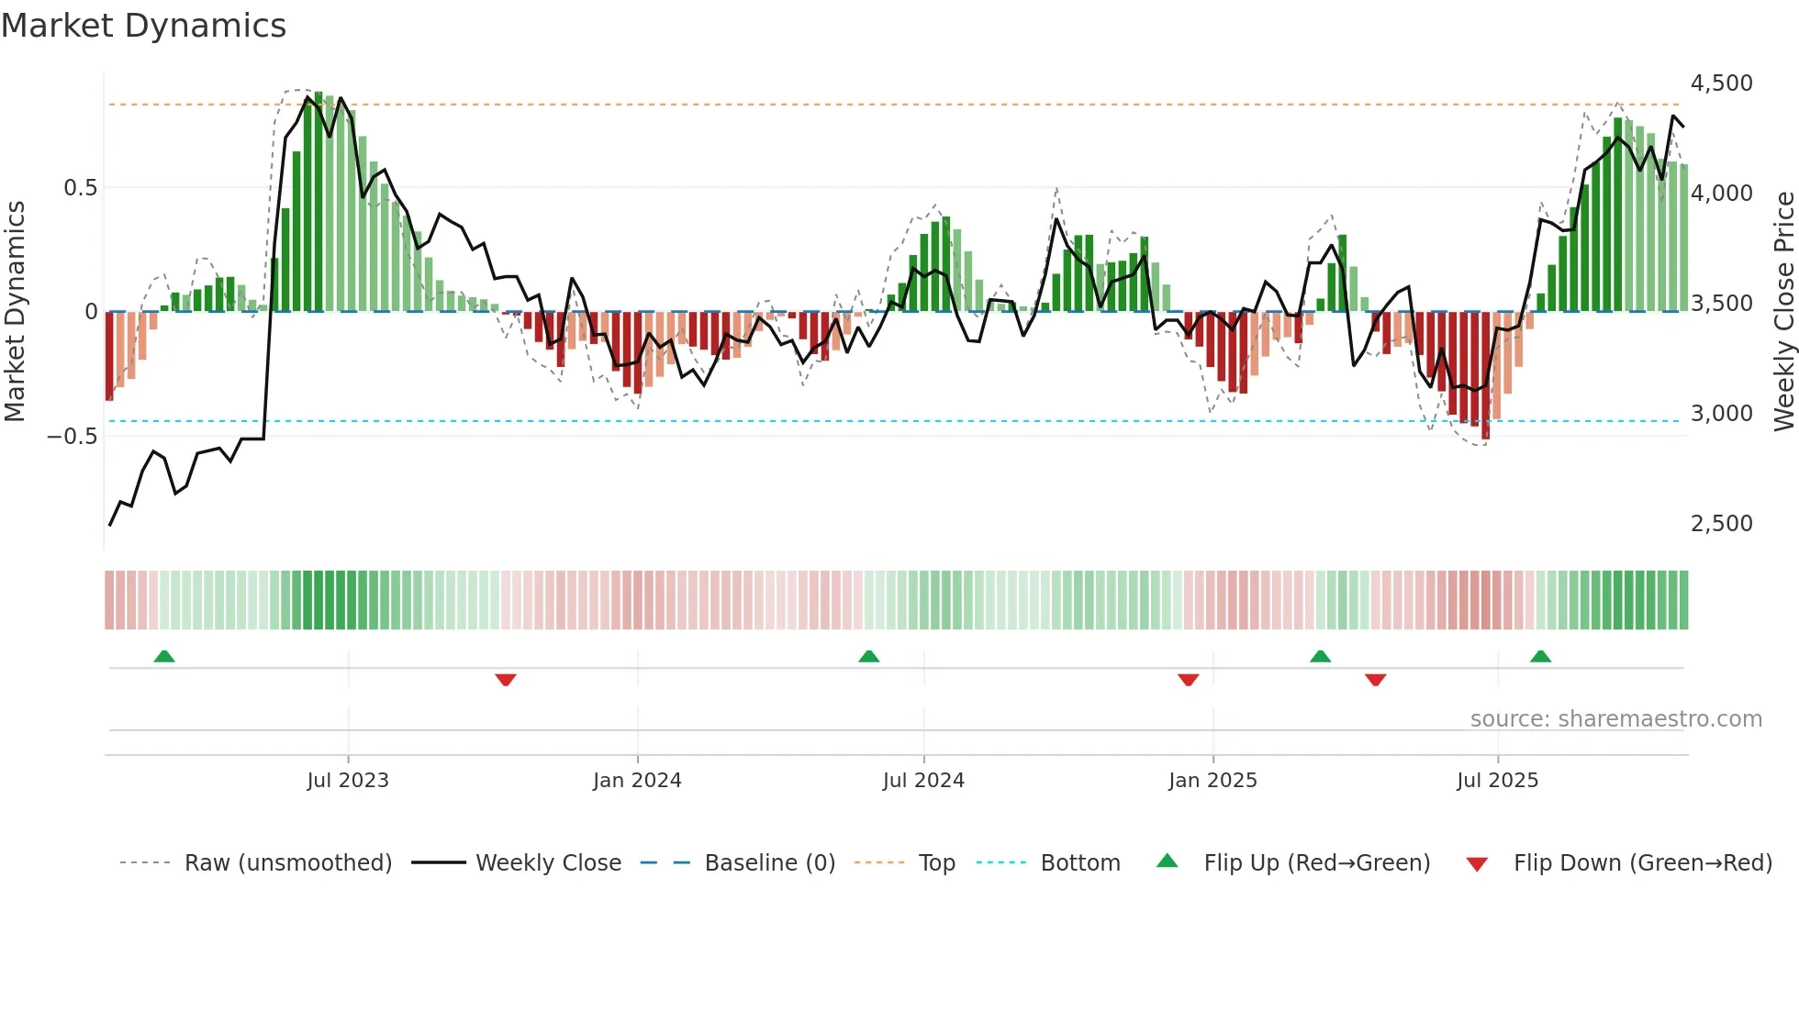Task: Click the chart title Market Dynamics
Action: (143, 26)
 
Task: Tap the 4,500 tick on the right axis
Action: (1721, 83)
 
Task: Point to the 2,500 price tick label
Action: (1721, 524)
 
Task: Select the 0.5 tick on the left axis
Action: (80, 188)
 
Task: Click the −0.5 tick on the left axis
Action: (73, 437)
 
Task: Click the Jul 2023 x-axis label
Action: (348, 781)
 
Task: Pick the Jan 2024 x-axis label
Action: (637, 781)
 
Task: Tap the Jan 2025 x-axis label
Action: (1212, 781)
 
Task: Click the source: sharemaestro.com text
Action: (1615, 719)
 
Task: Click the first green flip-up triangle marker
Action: (164, 657)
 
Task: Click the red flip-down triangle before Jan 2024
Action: (506, 680)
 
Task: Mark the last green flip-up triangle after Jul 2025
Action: (1540, 657)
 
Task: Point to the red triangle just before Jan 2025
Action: (1188, 680)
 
